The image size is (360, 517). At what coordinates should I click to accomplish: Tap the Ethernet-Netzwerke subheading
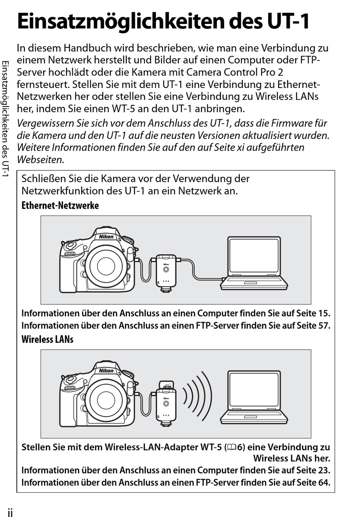60,206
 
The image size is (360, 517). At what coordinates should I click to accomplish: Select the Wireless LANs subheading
47,339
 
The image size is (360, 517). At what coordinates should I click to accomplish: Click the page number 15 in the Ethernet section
324,313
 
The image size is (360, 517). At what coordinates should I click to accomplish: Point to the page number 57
324,325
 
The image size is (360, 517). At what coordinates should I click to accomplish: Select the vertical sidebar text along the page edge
5,119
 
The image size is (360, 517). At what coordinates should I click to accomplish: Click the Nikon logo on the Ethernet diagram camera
106,237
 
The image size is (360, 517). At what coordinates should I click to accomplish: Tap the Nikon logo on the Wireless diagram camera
106,371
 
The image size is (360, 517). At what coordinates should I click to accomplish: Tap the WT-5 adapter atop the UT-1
166,385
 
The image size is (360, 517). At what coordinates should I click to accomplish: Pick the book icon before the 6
232,448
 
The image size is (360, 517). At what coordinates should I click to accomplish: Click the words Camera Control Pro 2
235,72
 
